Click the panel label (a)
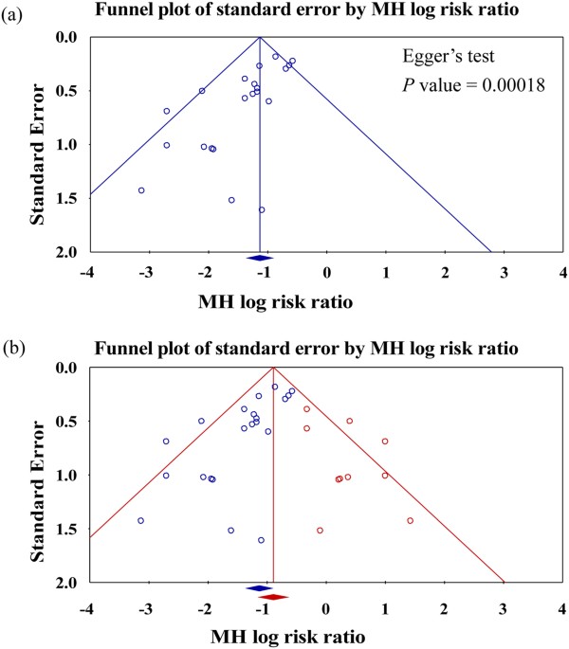[13, 13]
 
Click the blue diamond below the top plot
[260, 259]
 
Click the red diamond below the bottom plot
[273, 597]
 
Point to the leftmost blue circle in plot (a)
[141, 190]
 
